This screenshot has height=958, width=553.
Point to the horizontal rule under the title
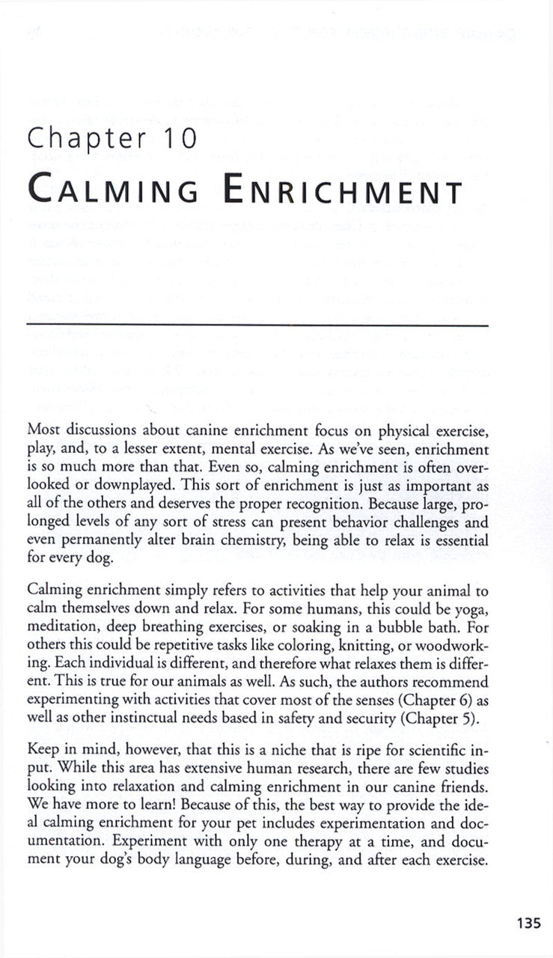click(257, 324)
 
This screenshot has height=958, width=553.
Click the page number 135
click(528, 923)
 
